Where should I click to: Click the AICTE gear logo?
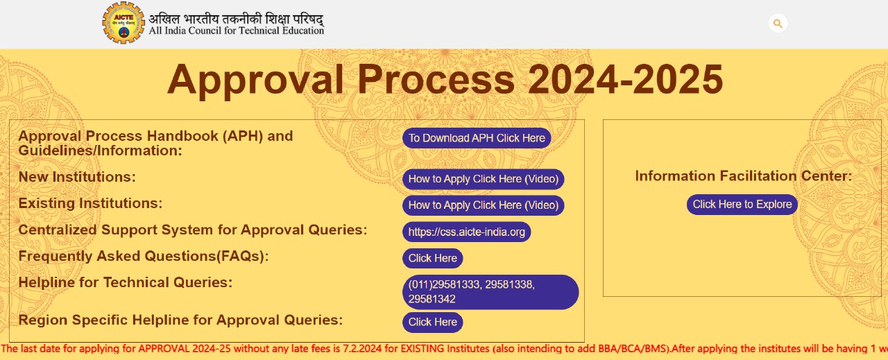pyautogui.click(x=123, y=23)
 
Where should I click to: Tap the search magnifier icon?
pyautogui.click(x=778, y=24)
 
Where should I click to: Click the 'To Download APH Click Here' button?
pyautogui.click(x=477, y=138)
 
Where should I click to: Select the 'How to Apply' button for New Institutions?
pyautogui.click(x=484, y=179)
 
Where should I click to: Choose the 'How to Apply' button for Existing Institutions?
pyautogui.click(x=484, y=205)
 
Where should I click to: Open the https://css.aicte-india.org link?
pyautogui.click(x=467, y=232)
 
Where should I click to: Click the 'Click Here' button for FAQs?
pyautogui.click(x=432, y=258)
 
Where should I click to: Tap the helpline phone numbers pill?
pyautogui.click(x=490, y=292)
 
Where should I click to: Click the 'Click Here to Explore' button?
pyautogui.click(x=742, y=205)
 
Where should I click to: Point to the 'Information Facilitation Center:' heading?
pyautogui.click(x=743, y=175)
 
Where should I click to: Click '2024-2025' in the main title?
pyautogui.click(x=626, y=80)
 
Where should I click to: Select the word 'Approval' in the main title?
pyautogui.click(x=255, y=81)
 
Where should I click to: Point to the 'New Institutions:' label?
pyautogui.click(x=77, y=177)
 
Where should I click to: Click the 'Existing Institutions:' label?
pyautogui.click(x=90, y=203)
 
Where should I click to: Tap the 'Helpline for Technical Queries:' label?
pyautogui.click(x=126, y=282)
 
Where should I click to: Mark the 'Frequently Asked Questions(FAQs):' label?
pyautogui.click(x=144, y=256)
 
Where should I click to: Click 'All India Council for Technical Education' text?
pyautogui.click(x=237, y=31)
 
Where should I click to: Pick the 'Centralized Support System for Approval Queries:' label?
pyautogui.click(x=193, y=230)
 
